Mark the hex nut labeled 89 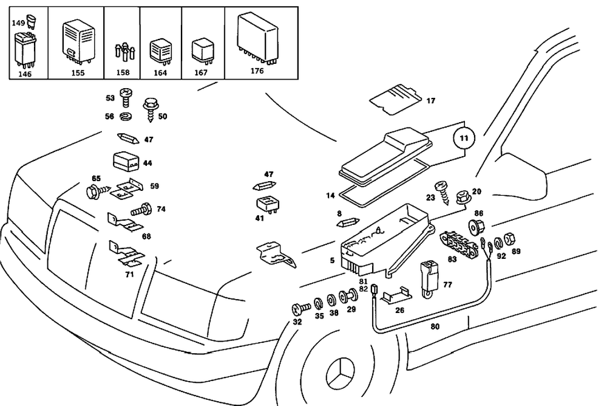(510, 239)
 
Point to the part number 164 (160, 72)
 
